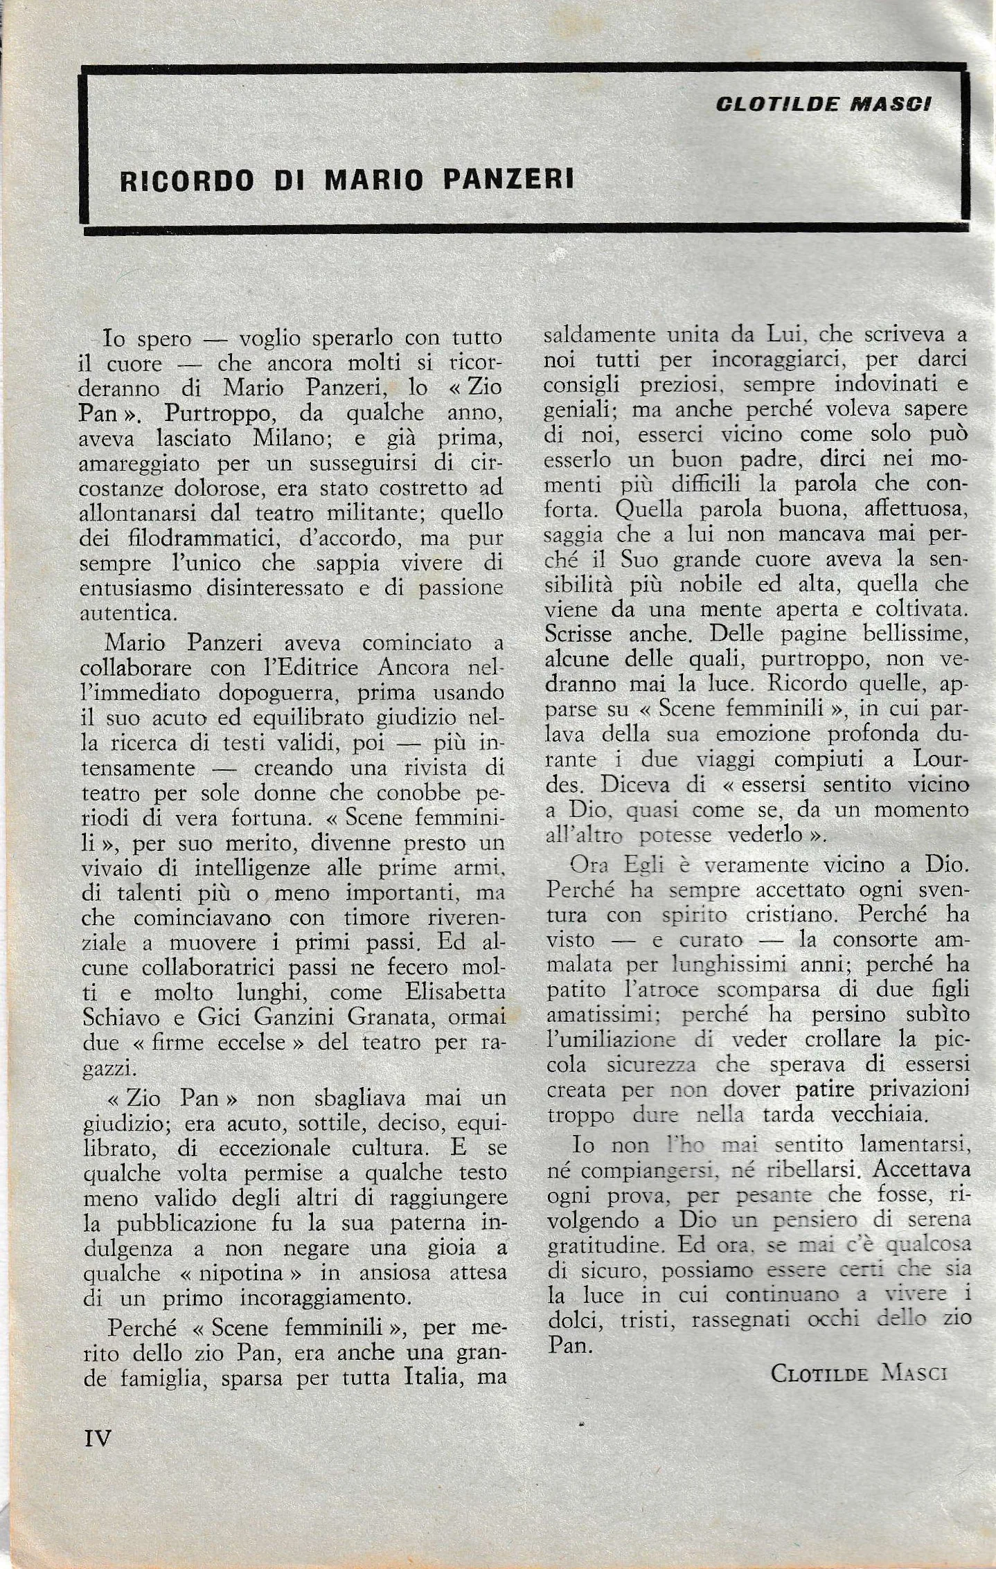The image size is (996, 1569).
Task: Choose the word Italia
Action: click(432, 1378)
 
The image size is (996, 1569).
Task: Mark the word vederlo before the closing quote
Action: click(764, 835)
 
